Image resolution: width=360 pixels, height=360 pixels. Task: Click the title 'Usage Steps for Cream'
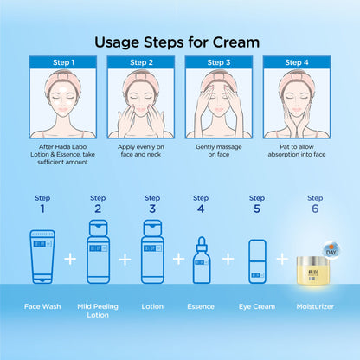click(x=177, y=42)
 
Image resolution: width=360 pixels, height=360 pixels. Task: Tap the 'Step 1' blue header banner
click(x=63, y=62)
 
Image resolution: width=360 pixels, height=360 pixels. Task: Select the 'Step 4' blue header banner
click(x=297, y=62)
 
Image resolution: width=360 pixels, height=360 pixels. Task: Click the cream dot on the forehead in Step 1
click(x=62, y=89)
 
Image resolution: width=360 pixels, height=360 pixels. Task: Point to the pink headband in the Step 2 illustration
click(x=141, y=79)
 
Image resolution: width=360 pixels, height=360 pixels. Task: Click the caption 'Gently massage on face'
click(x=219, y=151)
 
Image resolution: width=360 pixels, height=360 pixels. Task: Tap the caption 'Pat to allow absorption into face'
click(x=297, y=151)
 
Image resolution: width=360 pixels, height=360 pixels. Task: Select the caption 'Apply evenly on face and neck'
click(x=141, y=151)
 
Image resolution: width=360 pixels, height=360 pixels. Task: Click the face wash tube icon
click(x=42, y=256)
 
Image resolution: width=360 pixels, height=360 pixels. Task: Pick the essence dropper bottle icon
click(x=202, y=260)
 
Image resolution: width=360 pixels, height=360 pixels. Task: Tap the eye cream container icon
click(x=257, y=261)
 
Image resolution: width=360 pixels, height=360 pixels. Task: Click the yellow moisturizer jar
click(x=312, y=271)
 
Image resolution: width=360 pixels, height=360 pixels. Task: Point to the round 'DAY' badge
click(x=331, y=249)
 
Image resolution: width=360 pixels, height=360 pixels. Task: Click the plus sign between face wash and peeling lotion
click(x=70, y=259)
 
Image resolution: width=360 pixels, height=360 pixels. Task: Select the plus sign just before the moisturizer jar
click(x=282, y=259)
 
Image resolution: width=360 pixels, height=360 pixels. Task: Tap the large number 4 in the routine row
click(x=201, y=209)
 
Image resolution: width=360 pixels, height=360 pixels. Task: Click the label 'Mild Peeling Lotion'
click(x=98, y=311)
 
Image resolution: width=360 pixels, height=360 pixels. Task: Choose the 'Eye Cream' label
click(x=257, y=306)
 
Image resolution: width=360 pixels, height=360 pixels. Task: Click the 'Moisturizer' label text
click(x=315, y=306)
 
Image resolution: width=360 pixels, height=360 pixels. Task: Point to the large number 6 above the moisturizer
click(x=315, y=209)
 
